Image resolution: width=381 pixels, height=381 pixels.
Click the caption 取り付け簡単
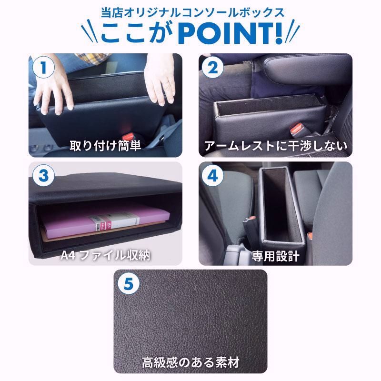point(105,145)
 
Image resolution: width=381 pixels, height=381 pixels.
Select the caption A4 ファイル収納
point(105,254)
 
